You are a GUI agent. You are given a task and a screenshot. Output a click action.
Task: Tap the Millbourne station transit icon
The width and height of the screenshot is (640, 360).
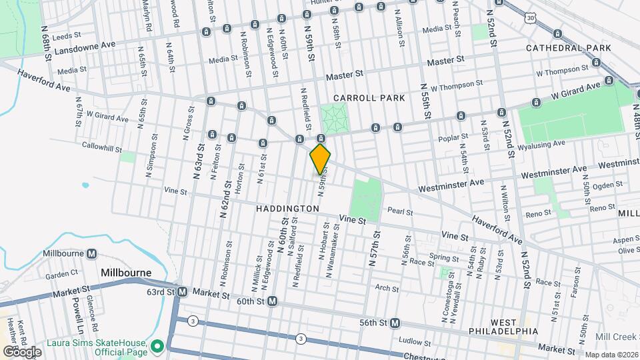92,254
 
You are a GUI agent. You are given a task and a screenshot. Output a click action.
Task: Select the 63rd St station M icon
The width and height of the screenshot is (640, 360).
181,292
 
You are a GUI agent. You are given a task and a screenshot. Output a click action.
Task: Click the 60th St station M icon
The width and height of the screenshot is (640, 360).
272,301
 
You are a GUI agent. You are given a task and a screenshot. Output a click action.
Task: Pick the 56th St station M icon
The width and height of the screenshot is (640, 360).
395,323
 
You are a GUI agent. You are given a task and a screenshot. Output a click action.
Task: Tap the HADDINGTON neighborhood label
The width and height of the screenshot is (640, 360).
287,209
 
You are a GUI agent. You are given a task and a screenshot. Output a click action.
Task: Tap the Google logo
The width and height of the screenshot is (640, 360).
22,351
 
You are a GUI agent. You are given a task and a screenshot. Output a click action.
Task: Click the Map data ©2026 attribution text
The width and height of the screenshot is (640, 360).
611,355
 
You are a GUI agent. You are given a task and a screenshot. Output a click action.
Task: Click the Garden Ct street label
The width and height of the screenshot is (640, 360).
62,274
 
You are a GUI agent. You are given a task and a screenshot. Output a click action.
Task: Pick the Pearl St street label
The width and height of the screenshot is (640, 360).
400,212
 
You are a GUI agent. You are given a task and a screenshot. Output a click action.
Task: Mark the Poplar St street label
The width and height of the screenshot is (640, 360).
455,137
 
